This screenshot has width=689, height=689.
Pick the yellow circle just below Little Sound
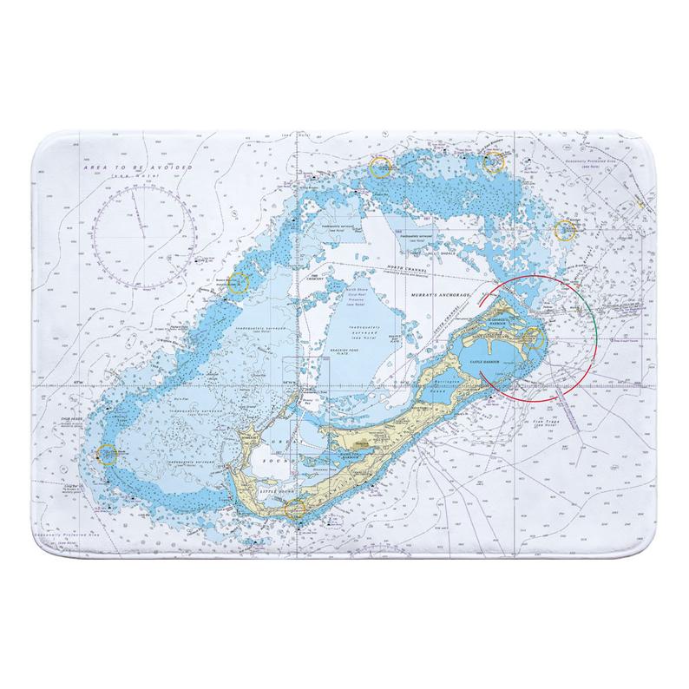(x=297, y=509)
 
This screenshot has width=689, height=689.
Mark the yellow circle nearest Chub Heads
(x=107, y=452)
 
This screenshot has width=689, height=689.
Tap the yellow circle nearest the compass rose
(x=239, y=282)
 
